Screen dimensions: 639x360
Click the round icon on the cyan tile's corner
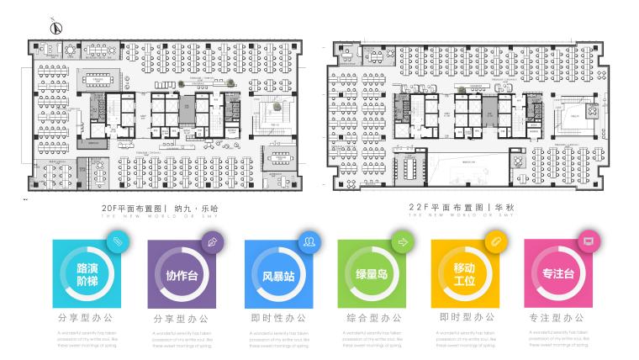(x=118, y=242)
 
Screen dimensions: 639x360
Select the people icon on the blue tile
(x=310, y=242)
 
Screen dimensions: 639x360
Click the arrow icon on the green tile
(x=403, y=242)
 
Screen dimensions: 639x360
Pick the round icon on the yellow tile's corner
(x=496, y=242)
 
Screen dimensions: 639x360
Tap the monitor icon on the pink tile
(x=589, y=242)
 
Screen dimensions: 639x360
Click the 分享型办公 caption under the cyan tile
(x=86, y=319)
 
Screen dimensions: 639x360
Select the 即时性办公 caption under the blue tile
(x=277, y=319)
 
